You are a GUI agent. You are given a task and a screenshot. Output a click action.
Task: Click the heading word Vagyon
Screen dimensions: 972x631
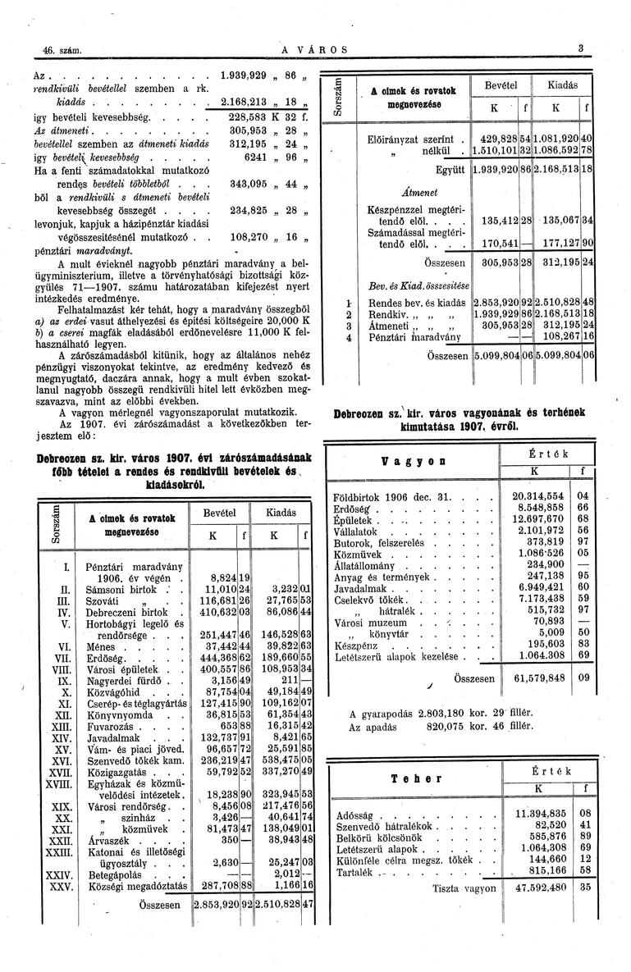[407, 462]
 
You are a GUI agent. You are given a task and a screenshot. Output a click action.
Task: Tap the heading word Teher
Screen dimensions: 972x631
[416, 778]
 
